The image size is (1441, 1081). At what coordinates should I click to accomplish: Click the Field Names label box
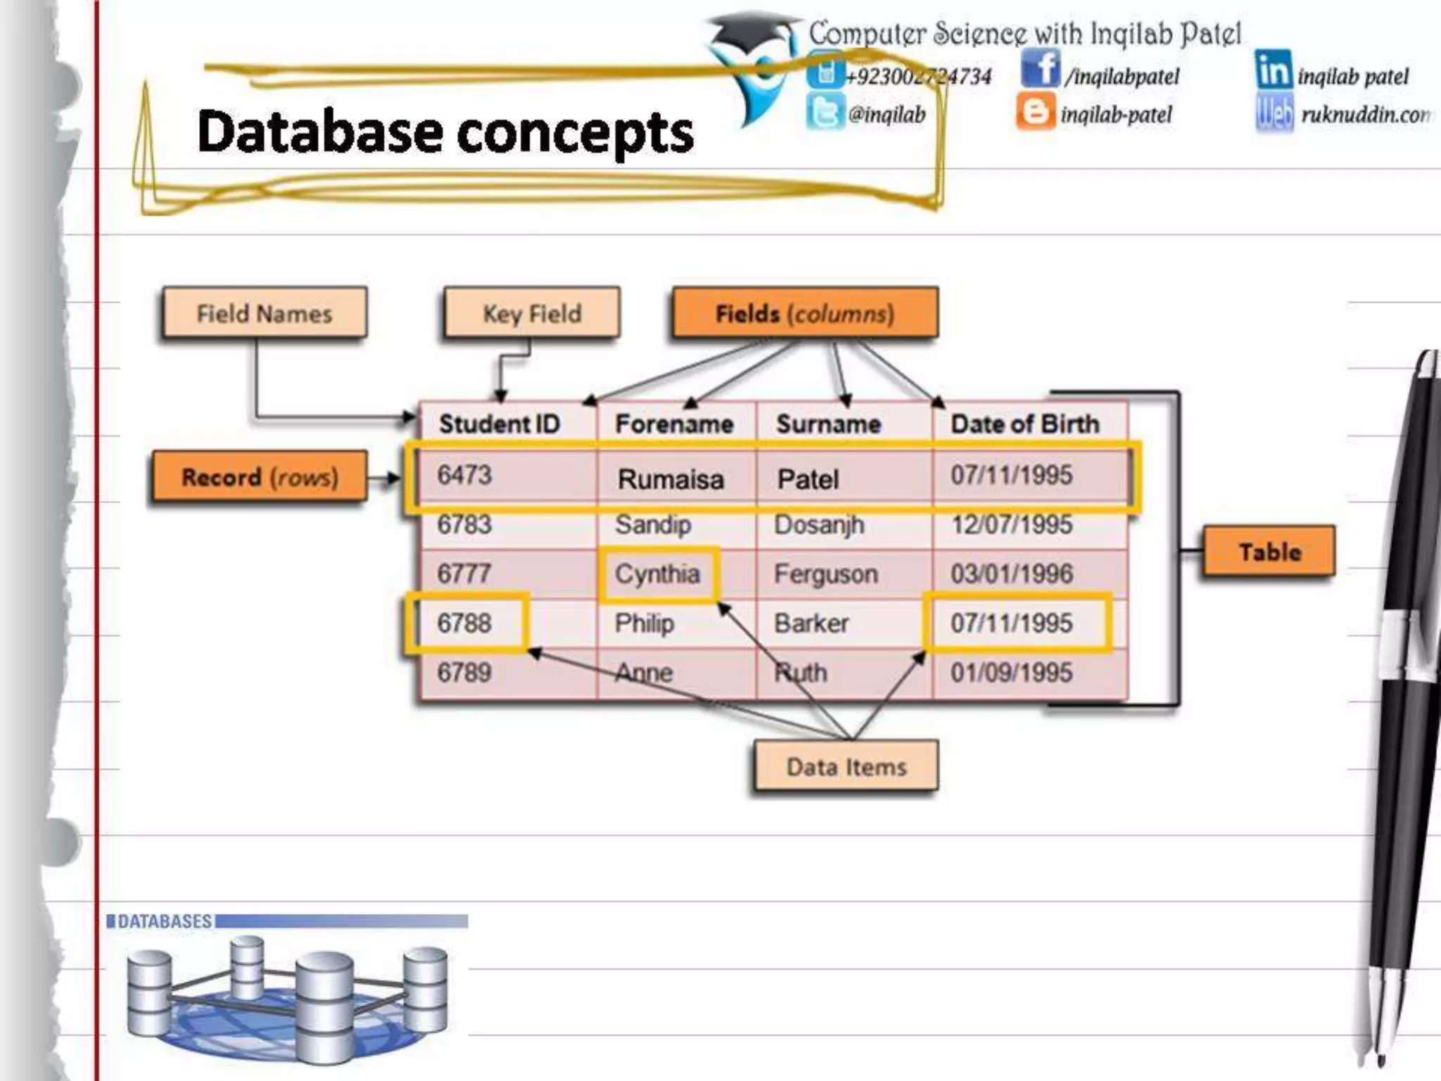[264, 313]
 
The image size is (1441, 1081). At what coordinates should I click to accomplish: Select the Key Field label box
[532, 313]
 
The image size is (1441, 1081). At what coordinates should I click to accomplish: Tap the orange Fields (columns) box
[805, 313]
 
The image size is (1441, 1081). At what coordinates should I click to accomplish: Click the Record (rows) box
[260, 477]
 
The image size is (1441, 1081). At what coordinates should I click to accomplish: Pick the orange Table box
[1269, 552]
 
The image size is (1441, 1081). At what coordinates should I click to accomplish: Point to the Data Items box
[846, 766]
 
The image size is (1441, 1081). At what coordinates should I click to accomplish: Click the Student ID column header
[499, 424]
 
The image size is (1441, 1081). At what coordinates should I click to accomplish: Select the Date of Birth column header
[1024, 424]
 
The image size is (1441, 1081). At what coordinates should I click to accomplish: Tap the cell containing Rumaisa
[671, 479]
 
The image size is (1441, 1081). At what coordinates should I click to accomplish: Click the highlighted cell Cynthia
[658, 574]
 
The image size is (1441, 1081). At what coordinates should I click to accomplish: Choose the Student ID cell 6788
[464, 623]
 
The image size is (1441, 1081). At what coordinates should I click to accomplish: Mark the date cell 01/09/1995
[1011, 672]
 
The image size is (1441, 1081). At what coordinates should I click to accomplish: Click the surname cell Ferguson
[826, 574]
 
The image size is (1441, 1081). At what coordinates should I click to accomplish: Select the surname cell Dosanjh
[819, 524]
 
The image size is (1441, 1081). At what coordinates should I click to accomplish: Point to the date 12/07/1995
[1011, 524]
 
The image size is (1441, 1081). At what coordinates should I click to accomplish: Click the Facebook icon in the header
[1040, 69]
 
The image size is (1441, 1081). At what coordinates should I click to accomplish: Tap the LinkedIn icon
[1273, 69]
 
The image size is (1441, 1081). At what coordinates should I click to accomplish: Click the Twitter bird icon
[824, 113]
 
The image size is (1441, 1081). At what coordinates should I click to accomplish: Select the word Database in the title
[320, 132]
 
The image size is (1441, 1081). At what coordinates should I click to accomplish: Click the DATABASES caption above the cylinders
[164, 921]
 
